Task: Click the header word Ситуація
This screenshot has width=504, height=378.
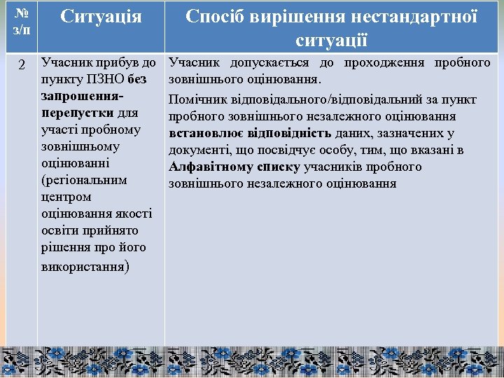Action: (101, 17)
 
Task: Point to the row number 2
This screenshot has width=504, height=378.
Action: (21, 65)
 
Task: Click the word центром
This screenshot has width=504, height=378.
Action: (66, 197)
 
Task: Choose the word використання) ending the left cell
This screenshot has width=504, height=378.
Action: (85, 265)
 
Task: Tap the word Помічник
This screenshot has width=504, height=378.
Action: (199, 101)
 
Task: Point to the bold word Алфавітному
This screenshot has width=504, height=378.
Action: (211, 167)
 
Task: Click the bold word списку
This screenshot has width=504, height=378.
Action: (279, 167)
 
